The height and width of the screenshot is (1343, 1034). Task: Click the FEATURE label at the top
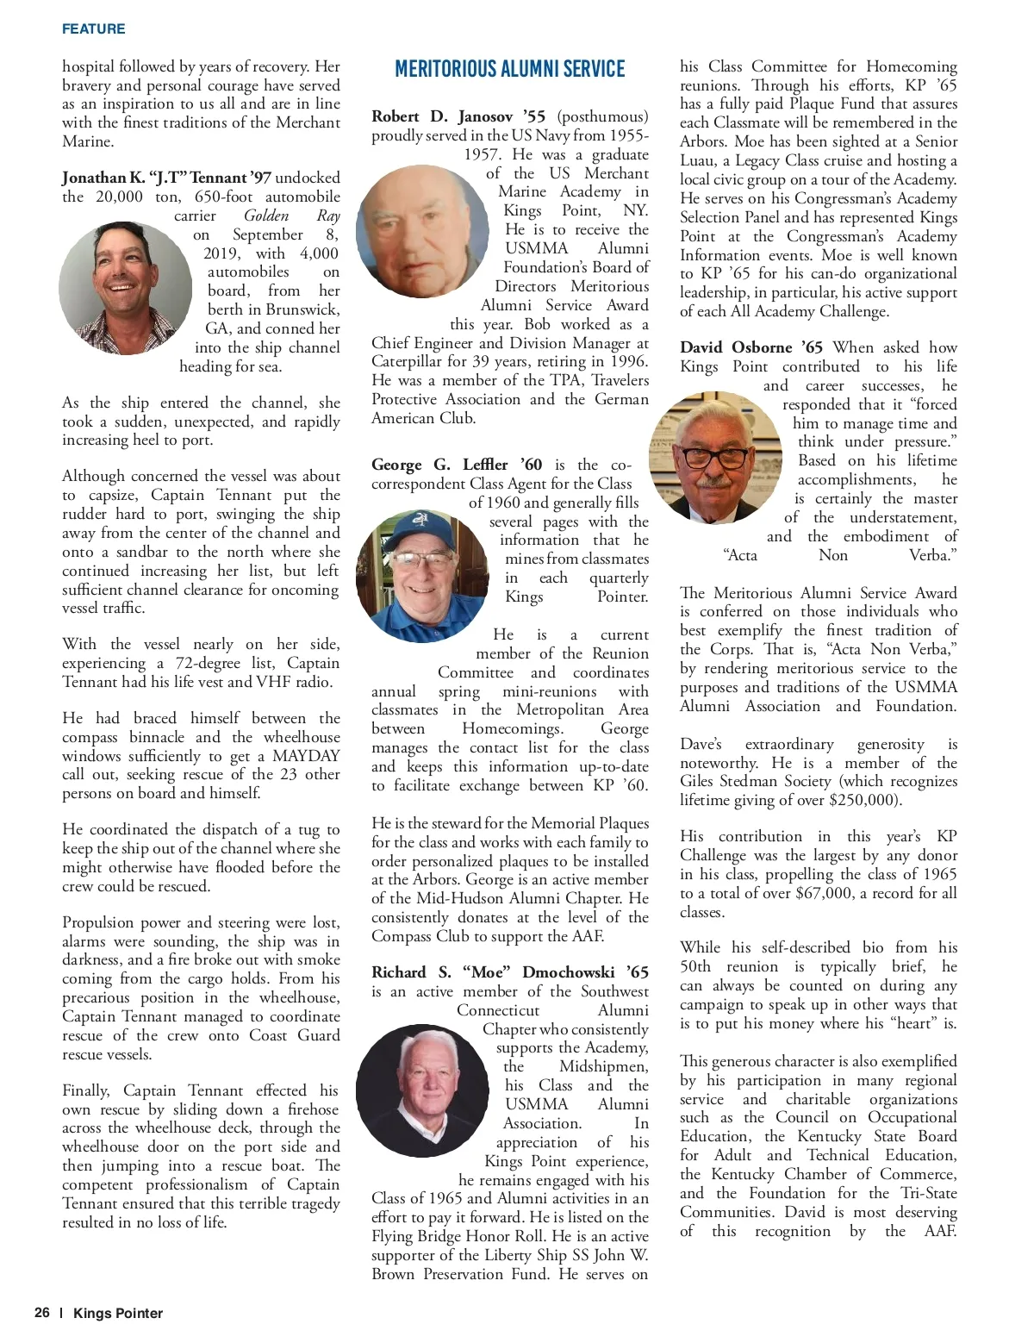click(93, 29)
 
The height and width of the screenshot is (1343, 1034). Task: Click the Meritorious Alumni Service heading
click(509, 69)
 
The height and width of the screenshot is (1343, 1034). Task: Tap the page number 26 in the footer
click(42, 1313)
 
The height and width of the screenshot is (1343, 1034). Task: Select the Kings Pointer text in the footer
click(118, 1313)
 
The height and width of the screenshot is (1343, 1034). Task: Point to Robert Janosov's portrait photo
click(421, 232)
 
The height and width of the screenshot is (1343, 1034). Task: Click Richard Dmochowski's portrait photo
click(421, 1090)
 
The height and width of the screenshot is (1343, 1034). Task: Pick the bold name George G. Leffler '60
click(457, 465)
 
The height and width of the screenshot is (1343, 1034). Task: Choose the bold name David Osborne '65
click(751, 347)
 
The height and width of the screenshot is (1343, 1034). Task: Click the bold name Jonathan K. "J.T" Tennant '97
click(166, 178)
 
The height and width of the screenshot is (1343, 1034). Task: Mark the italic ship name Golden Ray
click(291, 216)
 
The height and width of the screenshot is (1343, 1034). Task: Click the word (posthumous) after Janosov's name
click(602, 116)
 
